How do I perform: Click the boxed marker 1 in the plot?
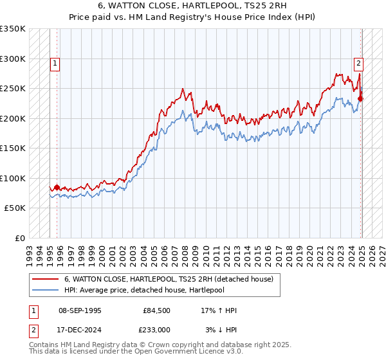point(55,63)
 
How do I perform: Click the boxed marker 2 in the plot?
point(358,63)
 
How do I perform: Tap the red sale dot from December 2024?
point(361,98)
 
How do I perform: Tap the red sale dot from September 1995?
point(57,187)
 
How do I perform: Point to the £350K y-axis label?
point(13,29)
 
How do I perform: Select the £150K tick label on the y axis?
point(13,148)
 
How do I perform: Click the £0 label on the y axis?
point(20,238)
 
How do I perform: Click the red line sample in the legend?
point(45,279)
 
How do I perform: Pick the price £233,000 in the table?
point(157,329)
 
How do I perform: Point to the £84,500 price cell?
point(157,310)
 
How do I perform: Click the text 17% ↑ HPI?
point(218,310)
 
